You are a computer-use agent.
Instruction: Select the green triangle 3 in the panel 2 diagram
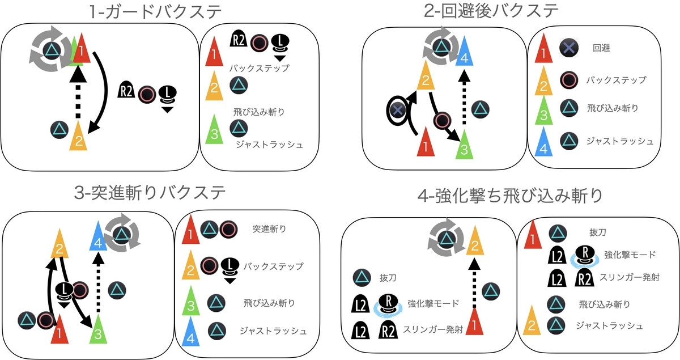click(x=464, y=144)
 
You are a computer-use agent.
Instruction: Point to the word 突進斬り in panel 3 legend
click(x=269, y=230)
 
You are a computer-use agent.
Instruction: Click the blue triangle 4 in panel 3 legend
click(x=190, y=330)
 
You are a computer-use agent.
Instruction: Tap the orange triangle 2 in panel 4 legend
click(x=532, y=320)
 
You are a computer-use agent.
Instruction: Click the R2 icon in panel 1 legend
click(x=239, y=40)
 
